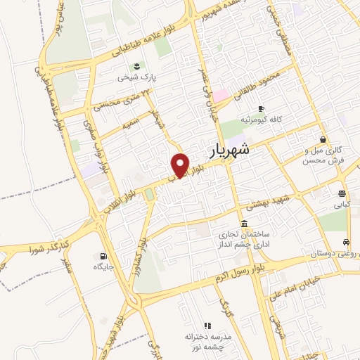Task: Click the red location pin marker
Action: [x=181, y=165]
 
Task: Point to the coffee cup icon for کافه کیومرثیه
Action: [x=261, y=108]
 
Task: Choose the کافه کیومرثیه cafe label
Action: [x=261, y=120]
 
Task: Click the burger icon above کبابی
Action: [x=341, y=194]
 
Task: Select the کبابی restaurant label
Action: [x=341, y=206]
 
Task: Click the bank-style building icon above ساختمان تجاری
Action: [x=244, y=224]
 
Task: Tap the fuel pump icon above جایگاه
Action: [x=105, y=256]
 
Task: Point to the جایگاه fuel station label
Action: [x=104, y=267]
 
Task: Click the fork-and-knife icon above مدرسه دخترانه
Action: [x=207, y=326]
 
